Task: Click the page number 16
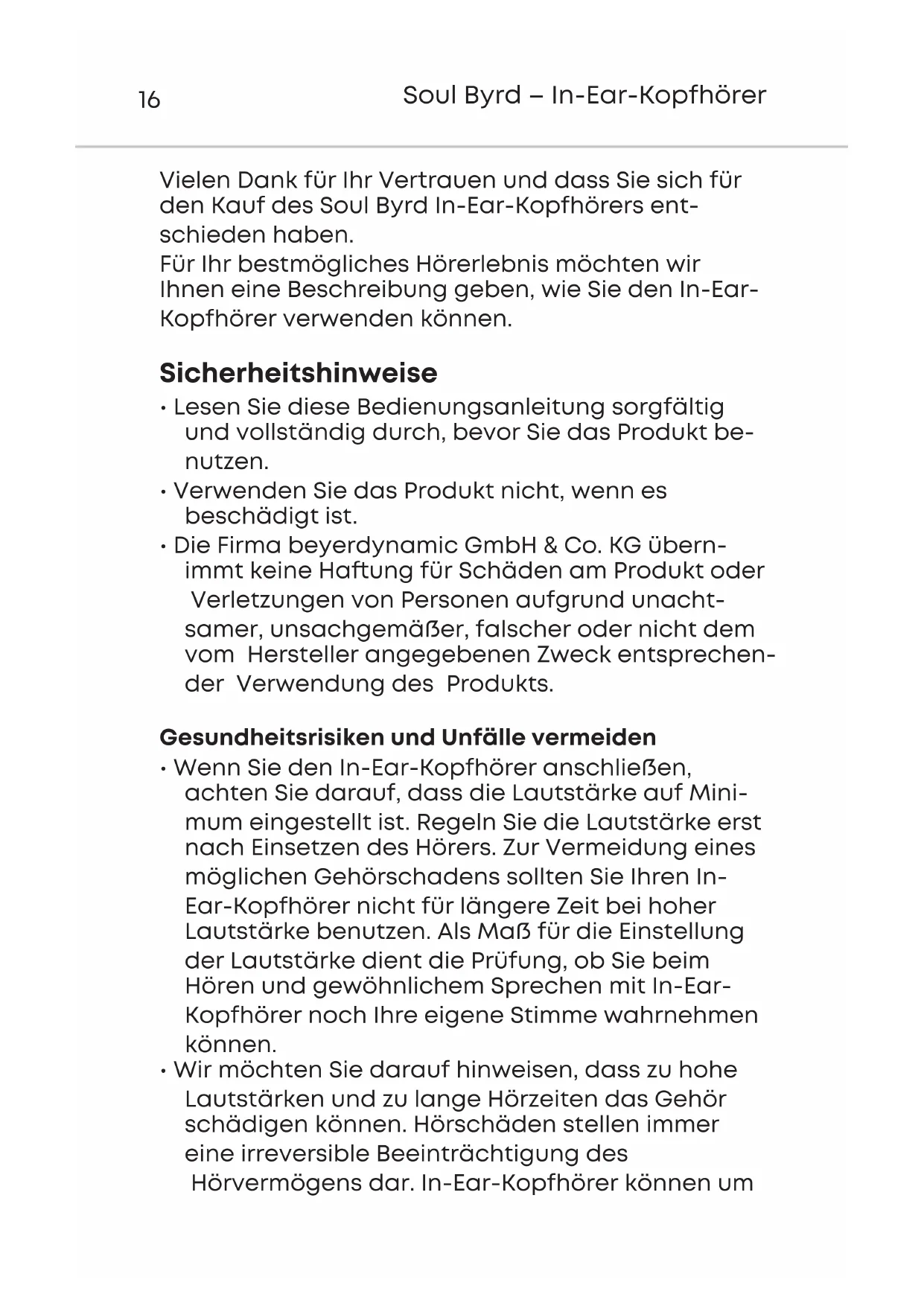point(149,100)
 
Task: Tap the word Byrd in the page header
point(493,96)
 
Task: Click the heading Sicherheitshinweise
point(299,373)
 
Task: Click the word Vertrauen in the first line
point(438,180)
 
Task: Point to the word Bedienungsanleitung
point(479,408)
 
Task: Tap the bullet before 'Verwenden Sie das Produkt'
point(162,492)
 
